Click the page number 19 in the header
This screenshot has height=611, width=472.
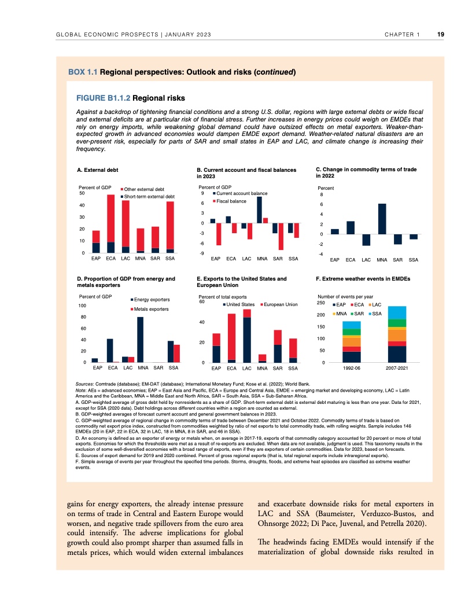(x=441, y=35)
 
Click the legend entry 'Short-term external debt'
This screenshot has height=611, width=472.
(x=149, y=197)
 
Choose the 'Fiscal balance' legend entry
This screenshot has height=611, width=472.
(x=231, y=201)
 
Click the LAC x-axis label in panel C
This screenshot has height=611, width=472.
(x=366, y=260)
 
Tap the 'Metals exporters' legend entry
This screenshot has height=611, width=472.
(x=152, y=310)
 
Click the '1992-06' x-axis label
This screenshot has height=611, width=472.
(x=351, y=369)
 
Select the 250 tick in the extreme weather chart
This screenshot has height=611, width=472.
(x=320, y=303)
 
